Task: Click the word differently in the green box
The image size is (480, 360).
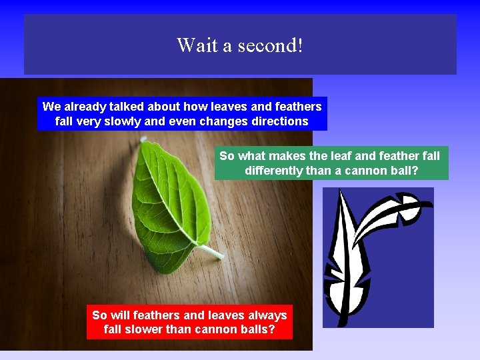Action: pyautogui.click(x=273, y=171)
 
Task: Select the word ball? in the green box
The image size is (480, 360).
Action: pyautogui.click(x=402, y=171)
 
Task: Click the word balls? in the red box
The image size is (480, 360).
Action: pyautogui.click(x=256, y=329)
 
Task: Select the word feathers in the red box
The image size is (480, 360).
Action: pyautogui.click(x=157, y=315)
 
